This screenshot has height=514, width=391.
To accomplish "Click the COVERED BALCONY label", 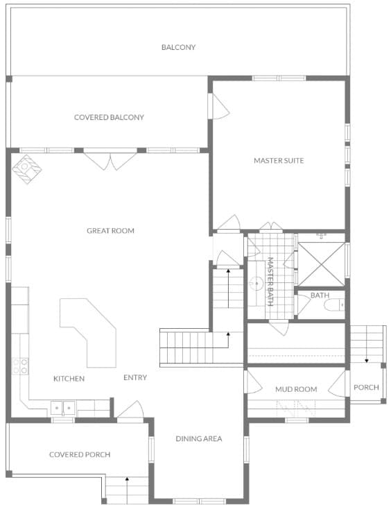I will point(109,117).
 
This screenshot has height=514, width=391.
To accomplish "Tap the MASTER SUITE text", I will point(279,161).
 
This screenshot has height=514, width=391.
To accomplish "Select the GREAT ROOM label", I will point(110,230).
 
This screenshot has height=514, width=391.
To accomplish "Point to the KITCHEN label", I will point(69,379).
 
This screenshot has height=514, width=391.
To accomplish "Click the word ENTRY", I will point(134,378).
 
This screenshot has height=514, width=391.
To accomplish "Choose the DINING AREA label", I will point(198,438).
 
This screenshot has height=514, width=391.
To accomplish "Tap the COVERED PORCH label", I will point(80,455).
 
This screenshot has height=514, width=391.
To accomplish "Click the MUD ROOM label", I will point(295,389).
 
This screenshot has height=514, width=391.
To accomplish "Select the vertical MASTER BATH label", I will point(270,282).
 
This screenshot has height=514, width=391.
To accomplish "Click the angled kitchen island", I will point(90,329).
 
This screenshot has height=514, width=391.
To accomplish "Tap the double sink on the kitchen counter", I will point(63,409).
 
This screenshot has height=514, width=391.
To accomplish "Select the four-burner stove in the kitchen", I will point(19,366).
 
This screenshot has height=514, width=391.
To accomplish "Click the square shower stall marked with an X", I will point(321,264).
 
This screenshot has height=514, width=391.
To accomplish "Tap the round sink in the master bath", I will point(255,283).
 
